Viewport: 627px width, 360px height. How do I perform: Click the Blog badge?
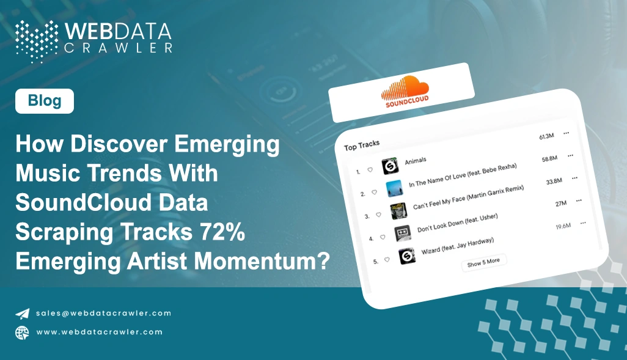click(x=45, y=101)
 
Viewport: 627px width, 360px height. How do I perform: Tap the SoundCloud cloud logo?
click(x=405, y=89)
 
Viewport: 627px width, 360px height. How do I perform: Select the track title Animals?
click(x=416, y=161)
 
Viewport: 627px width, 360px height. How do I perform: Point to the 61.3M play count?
click(x=546, y=136)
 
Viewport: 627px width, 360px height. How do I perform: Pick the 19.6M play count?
click(x=563, y=227)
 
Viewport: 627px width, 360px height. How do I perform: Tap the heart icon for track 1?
click(x=370, y=170)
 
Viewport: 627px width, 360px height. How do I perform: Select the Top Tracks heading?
click(x=362, y=145)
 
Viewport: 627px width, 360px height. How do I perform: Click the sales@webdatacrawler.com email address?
click(x=103, y=313)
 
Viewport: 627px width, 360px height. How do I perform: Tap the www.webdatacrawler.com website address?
click(x=99, y=332)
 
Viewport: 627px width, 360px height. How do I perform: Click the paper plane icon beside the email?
click(x=23, y=314)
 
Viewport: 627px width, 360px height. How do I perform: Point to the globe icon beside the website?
click(x=23, y=332)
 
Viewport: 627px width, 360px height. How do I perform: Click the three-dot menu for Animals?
click(x=566, y=133)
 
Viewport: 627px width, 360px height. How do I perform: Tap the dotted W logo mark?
click(x=36, y=40)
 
